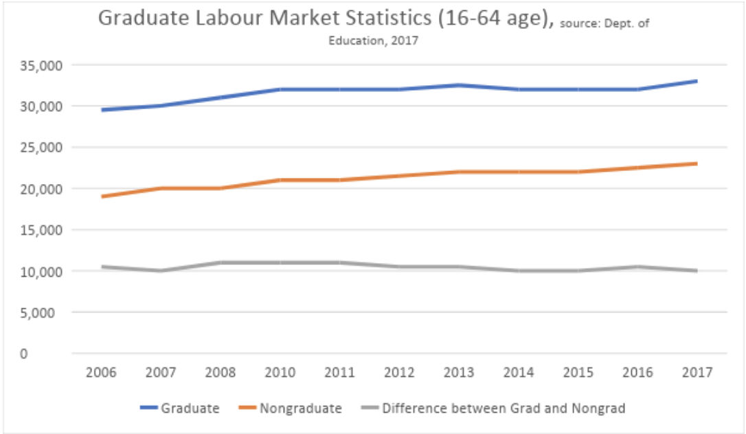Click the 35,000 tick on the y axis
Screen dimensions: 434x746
44,65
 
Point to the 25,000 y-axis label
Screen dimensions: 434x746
44,148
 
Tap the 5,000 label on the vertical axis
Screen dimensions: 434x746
47,312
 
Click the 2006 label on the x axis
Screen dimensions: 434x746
101,372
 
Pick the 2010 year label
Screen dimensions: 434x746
280,372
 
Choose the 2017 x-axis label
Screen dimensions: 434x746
697,372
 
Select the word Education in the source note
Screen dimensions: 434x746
352,41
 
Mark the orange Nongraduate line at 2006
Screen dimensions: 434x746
102,196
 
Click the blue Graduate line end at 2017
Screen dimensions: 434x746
696,81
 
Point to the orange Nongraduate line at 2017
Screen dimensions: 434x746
696,163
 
